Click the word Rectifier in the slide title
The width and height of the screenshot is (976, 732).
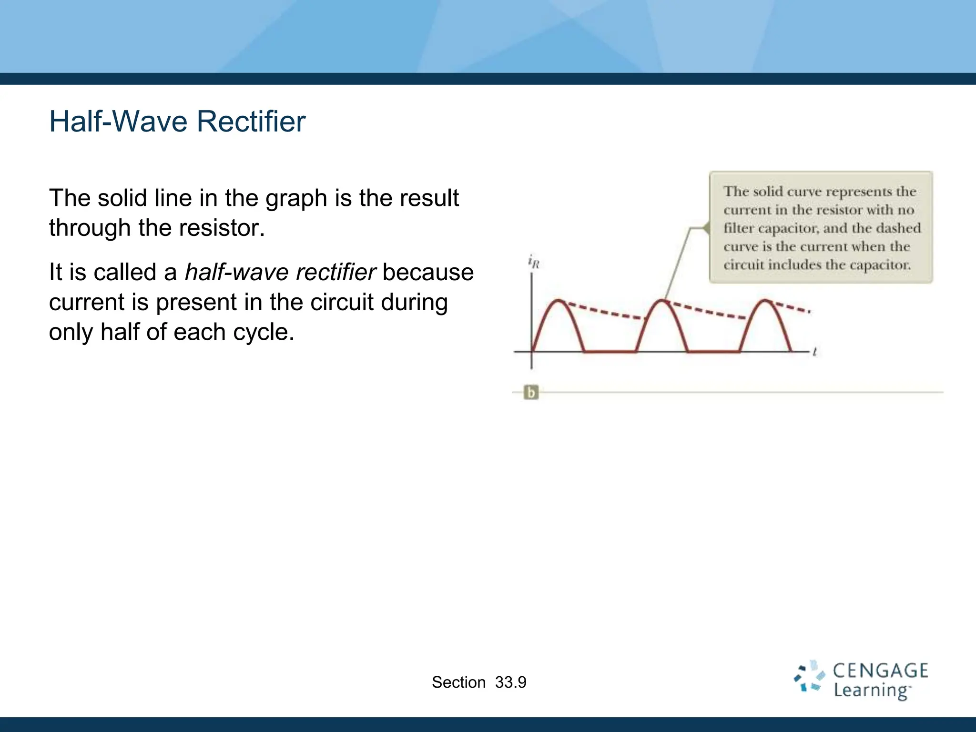tap(251, 122)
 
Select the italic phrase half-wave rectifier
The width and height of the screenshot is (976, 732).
tap(281, 273)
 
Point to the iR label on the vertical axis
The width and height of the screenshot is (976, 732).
tap(534, 262)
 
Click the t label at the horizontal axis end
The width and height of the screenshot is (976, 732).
tap(815, 352)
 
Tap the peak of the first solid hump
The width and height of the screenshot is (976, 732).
tap(559, 301)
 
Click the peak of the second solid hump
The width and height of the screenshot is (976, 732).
tap(662, 301)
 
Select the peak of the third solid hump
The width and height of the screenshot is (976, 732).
tap(765, 301)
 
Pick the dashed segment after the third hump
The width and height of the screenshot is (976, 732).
tap(793, 307)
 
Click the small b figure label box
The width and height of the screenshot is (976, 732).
tap(531, 393)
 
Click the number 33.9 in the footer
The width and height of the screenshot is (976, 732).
tap(510, 682)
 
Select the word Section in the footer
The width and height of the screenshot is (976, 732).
tap(458, 682)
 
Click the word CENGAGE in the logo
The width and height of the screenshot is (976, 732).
tap(880, 671)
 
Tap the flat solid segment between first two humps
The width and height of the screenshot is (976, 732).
tap(610, 352)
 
